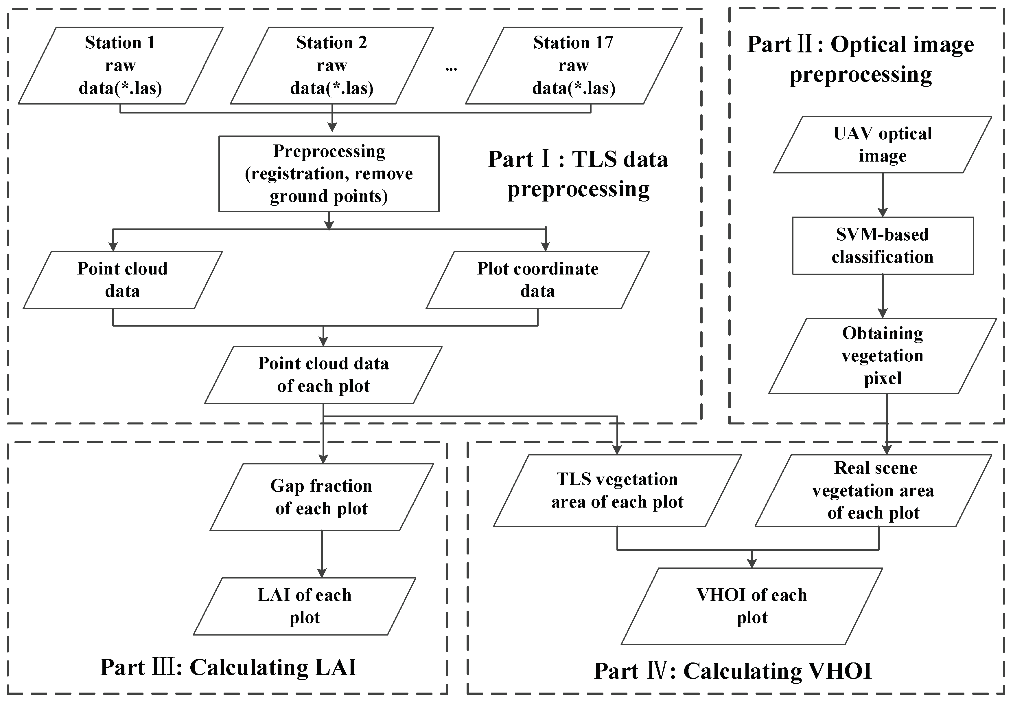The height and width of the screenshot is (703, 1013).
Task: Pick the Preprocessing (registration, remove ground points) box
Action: (x=329, y=173)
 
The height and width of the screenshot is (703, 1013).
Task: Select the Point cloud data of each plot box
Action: (x=323, y=375)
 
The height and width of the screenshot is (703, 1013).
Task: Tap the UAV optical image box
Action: (x=882, y=144)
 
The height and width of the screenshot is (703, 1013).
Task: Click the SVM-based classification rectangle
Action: (x=883, y=245)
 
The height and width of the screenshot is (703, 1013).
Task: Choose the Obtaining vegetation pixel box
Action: (x=882, y=356)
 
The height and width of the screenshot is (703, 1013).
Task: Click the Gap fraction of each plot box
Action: (x=322, y=497)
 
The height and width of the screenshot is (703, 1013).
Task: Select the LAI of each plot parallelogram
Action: (x=305, y=606)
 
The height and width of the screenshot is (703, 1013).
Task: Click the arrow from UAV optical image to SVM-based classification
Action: (x=883, y=194)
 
